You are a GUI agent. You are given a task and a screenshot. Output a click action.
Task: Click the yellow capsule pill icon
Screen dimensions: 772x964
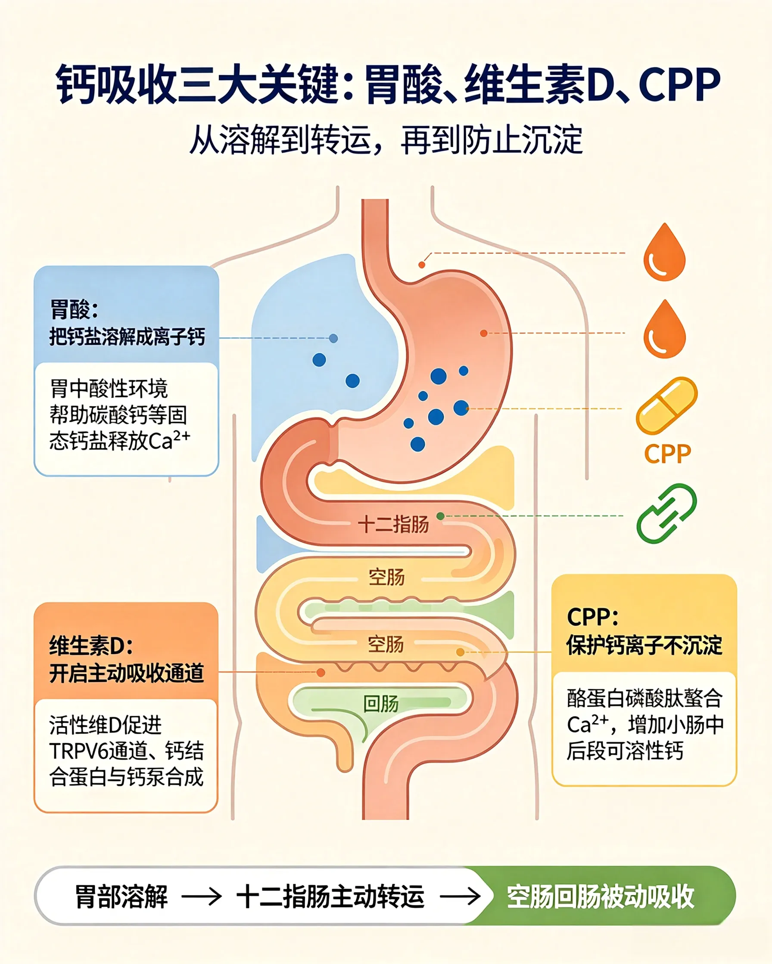tap(666, 405)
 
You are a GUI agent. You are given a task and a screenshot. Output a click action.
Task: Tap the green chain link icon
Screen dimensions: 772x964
tap(666, 514)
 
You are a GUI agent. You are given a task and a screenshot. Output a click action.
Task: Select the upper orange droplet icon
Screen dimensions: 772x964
tap(664, 252)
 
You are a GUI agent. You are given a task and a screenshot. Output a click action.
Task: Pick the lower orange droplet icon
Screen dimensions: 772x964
tap(664, 329)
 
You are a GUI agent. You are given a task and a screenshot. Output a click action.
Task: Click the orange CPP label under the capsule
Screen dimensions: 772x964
tap(667, 454)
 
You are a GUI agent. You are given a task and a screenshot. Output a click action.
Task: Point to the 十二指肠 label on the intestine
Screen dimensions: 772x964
tap(393, 524)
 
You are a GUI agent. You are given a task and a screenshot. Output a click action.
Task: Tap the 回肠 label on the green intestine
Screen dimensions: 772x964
tap(381, 704)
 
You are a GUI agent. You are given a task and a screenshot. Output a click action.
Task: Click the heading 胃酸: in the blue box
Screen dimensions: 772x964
tap(74, 309)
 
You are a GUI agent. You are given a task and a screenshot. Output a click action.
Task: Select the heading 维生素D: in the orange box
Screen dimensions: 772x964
tap(91, 646)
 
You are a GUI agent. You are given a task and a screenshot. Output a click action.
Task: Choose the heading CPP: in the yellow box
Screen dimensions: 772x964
tap(592, 618)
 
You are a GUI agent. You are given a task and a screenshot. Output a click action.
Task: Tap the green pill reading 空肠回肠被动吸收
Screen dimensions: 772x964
tap(600, 896)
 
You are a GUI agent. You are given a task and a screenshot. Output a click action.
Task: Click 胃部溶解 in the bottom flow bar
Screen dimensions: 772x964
tap(121, 897)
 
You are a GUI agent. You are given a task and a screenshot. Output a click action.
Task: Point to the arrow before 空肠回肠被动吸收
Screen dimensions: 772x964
tap(460, 897)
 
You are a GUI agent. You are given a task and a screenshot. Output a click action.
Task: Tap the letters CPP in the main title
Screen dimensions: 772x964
tap(679, 84)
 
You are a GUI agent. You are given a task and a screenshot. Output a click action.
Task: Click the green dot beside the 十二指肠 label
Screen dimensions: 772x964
tap(440, 516)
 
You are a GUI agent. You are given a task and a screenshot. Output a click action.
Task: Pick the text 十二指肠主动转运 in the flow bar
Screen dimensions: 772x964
tap(330, 897)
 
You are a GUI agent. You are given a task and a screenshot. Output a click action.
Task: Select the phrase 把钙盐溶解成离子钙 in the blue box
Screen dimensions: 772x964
tap(127, 337)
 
